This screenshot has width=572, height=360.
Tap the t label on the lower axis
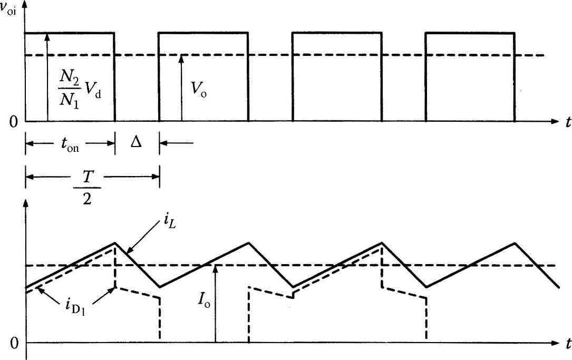pos(567,344)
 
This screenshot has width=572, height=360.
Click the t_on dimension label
pos(70,143)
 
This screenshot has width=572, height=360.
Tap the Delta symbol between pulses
pos(136,143)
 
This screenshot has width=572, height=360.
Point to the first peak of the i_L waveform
pos(114,242)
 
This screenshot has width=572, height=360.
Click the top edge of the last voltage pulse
pos(470,33)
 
